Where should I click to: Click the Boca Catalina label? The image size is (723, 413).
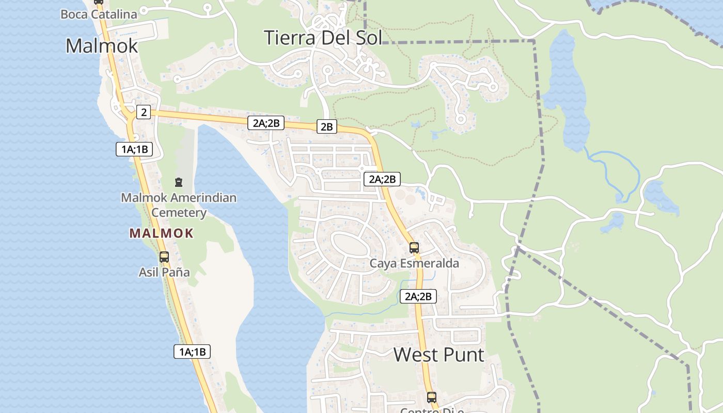click(99, 14)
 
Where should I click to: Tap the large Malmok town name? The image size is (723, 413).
click(102, 46)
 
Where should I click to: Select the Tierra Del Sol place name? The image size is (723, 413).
click(323, 38)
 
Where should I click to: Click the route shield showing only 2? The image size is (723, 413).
click(144, 112)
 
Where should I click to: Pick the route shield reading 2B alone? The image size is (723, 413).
click(326, 126)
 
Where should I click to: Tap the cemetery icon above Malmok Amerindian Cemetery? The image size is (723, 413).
click(179, 182)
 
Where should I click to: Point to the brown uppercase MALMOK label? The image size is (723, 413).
click(161, 233)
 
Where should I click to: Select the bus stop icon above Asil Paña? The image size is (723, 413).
click(164, 257)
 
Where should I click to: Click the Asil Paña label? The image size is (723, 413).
click(164, 272)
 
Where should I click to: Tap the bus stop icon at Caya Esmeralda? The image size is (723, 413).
click(414, 248)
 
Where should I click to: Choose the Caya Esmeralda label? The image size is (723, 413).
click(414, 263)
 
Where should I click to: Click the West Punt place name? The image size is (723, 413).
click(439, 355)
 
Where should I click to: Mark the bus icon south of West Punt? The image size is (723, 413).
click(431, 398)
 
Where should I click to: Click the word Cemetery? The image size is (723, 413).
click(179, 212)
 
